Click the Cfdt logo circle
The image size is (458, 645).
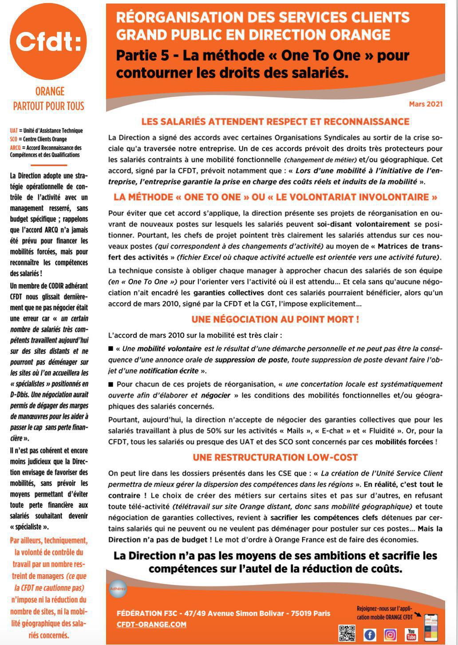point(48,41)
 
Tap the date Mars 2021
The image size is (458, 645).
point(425,104)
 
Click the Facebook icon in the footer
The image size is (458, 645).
point(370,634)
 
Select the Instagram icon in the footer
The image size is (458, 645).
point(390,634)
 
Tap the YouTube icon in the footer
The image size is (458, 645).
point(411,634)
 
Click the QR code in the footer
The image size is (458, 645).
point(347,633)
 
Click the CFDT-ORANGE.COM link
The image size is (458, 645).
point(151,624)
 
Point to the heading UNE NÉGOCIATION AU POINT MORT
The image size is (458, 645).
point(275,319)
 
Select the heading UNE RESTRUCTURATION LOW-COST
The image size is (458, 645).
point(275,457)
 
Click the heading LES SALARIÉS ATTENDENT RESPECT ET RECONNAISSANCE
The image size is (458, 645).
point(275,122)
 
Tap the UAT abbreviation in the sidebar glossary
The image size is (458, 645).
point(14,131)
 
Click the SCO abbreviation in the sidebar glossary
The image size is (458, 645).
point(14,139)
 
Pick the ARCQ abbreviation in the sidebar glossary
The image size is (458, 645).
point(15,147)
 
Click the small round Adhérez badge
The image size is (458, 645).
point(118,589)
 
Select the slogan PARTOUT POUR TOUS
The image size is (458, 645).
point(49,106)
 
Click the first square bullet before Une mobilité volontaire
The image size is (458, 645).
point(111,349)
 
